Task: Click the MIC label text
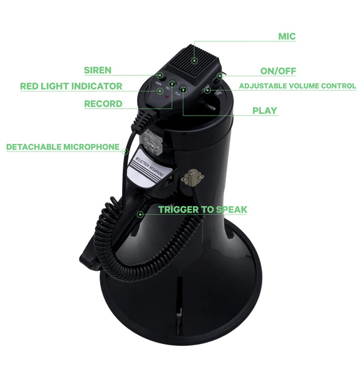[x=287, y=36]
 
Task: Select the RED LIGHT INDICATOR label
[x=71, y=86]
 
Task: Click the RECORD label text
[x=103, y=104]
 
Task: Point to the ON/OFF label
[x=278, y=71]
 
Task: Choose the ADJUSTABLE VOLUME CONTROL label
[x=297, y=86]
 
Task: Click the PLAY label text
[x=264, y=111]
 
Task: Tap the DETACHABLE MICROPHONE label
[x=63, y=147]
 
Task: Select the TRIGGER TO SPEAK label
[x=202, y=210]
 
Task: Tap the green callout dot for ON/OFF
[x=217, y=76]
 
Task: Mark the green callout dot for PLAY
[x=183, y=90]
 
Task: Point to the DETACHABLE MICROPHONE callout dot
[x=126, y=150]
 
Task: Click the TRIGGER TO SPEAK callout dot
[x=141, y=214]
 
